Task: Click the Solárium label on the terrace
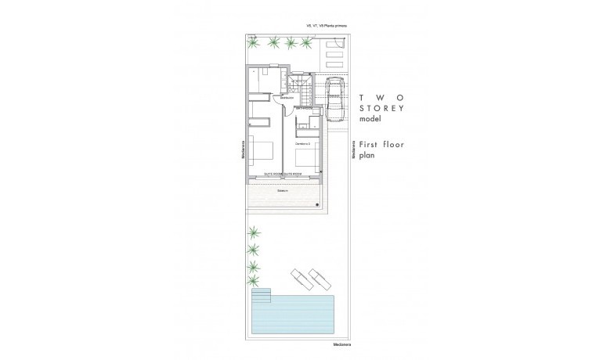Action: (x=283, y=190)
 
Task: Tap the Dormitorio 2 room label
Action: (x=304, y=145)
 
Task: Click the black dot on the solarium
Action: (x=318, y=204)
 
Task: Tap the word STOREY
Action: (x=381, y=108)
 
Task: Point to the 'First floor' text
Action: (x=381, y=144)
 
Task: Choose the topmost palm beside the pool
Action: (x=253, y=232)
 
